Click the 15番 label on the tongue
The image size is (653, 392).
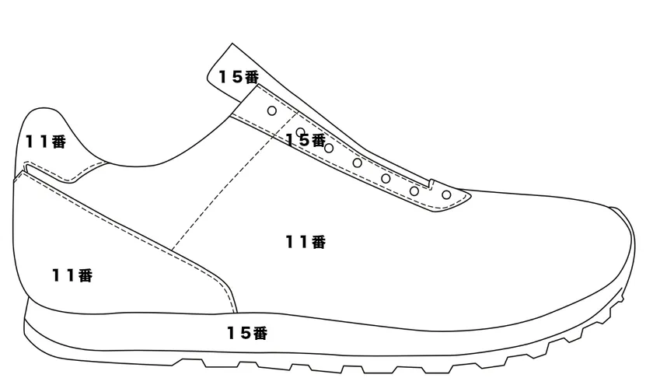[239, 77]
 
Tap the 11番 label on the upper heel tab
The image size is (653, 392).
[46, 142]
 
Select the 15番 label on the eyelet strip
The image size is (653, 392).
[306, 140]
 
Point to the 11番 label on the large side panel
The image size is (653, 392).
[306, 242]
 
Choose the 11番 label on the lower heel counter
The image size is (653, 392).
[72, 275]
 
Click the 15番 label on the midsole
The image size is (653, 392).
[247, 333]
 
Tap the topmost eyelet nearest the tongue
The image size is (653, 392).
[272, 110]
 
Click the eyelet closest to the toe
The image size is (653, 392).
[446, 194]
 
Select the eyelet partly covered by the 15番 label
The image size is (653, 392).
[300, 132]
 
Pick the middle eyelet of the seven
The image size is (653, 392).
[358, 163]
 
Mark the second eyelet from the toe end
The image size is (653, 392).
[414, 191]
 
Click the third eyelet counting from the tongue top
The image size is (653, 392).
[329, 148]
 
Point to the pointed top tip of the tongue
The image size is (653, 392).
[232, 43]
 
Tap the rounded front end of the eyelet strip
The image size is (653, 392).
[470, 195]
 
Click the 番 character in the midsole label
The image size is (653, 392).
[260, 333]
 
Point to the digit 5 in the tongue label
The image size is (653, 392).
[237, 77]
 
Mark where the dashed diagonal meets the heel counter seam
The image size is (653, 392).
[172, 250]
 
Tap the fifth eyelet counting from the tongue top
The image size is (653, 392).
[386, 179]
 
